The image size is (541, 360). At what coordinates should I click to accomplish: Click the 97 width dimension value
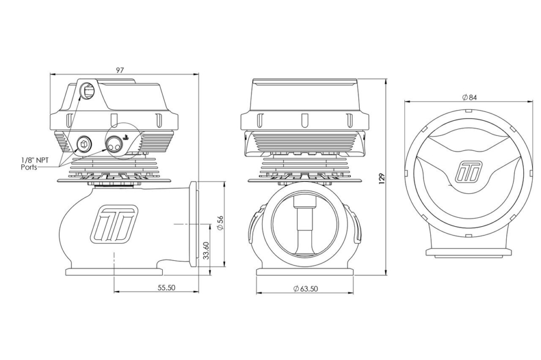coord(120,70)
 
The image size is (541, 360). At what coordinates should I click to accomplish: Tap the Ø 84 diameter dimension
coord(470,98)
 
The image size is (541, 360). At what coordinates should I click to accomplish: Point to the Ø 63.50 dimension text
coord(306,289)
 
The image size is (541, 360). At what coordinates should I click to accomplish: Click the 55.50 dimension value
coord(167,287)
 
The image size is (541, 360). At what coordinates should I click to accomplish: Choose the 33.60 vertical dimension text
coord(206,251)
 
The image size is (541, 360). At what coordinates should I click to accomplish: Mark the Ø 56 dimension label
coord(221,224)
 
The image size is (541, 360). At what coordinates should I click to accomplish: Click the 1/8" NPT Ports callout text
coord(35,163)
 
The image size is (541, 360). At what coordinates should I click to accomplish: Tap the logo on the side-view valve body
coord(114,224)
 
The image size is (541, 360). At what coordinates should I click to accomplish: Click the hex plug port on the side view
coord(84,143)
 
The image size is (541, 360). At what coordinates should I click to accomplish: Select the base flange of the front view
coord(305,272)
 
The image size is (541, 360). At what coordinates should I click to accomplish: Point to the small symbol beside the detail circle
coord(126,137)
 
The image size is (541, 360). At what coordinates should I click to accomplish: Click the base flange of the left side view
coord(114,272)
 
